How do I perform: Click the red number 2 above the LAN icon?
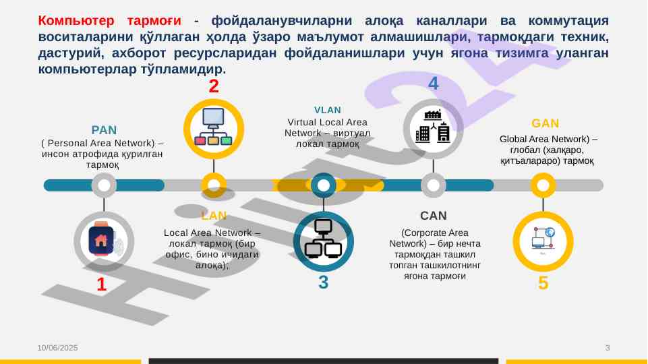click(x=214, y=86)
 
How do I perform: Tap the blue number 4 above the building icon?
click(x=434, y=84)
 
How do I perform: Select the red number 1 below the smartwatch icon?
click(x=102, y=285)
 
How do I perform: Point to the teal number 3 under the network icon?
click(x=323, y=283)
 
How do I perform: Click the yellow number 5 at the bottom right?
click(x=543, y=284)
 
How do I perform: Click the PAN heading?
click(x=104, y=129)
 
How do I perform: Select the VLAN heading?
click(x=327, y=110)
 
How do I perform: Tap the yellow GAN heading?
click(x=545, y=123)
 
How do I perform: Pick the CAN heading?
click(x=434, y=216)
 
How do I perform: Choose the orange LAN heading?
click(x=214, y=216)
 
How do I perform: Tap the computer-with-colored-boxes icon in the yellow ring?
click(x=214, y=128)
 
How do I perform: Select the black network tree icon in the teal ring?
click(x=324, y=240)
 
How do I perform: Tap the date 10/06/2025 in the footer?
click(x=57, y=347)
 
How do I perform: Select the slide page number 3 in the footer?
click(x=608, y=347)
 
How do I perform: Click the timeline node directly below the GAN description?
click(x=543, y=185)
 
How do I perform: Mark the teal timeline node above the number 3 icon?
click(x=324, y=185)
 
